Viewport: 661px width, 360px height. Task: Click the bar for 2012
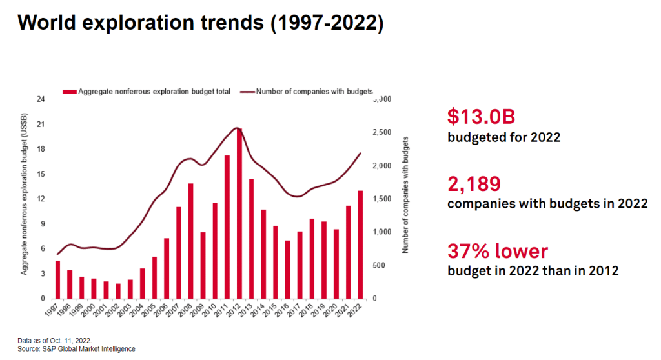tap(239, 214)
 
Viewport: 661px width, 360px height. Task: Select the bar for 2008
tap(191, 241)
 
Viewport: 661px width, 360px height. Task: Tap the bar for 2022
tap(361, 245)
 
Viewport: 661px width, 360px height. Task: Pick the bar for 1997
tap(57, 279)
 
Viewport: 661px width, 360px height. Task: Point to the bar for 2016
tap(288, 270)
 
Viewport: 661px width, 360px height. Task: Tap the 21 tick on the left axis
tap(41, 124)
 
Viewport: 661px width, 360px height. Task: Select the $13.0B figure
tap(481, 117)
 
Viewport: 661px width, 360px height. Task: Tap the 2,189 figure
tap(474, 184)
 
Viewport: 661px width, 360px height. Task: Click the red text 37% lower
tap(498, 251)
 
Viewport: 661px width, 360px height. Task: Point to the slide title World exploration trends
tap(200, 23)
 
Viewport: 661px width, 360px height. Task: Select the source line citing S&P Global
tap(76, 349)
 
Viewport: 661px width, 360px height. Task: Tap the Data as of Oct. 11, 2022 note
tap(54, 340)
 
